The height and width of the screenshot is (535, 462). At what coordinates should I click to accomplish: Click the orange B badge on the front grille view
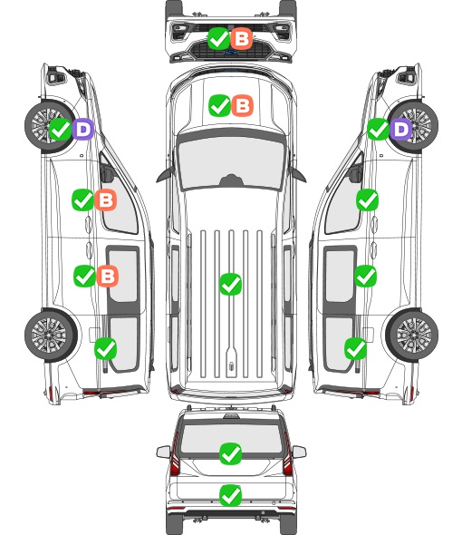point(241,39)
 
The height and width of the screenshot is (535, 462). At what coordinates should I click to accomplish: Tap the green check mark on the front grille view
point(218,39)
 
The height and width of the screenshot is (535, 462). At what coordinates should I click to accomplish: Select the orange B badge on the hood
point(243,105)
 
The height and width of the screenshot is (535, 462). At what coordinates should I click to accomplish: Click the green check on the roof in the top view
point(230,284)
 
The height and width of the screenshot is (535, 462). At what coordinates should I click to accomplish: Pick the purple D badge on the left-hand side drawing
point(82,130)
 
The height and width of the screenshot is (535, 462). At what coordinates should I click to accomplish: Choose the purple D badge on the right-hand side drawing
point(401,130)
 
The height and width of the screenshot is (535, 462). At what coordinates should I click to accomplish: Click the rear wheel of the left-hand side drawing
point(51,335)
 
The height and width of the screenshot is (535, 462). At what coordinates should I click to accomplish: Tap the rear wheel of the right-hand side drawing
point(412,335)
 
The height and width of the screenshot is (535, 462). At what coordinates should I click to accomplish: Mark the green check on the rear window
point(230,453)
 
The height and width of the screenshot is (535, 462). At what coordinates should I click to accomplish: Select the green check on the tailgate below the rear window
point(230,495)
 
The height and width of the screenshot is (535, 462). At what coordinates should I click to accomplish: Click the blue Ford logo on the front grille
point(231,53)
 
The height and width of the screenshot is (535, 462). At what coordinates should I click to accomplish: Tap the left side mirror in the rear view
point(163,452)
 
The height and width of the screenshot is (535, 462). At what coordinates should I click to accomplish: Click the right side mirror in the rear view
point(299,452)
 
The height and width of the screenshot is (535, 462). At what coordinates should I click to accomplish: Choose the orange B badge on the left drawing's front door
point(106,199)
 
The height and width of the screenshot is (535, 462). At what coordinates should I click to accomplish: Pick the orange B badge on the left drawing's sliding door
point(108,276)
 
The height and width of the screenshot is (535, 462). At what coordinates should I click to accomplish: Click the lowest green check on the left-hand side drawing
point(105,348)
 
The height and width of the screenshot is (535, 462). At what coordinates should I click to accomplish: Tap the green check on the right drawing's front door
point(367,199)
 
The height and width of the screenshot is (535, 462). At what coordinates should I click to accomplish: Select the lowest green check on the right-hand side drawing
point(356,348)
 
